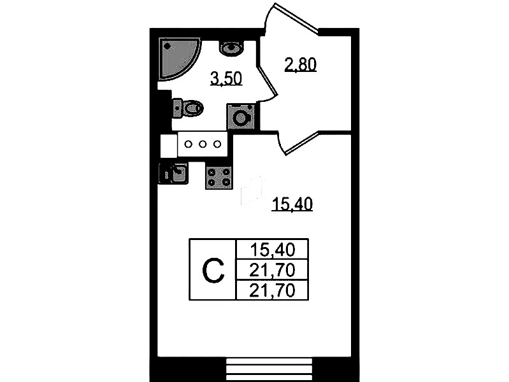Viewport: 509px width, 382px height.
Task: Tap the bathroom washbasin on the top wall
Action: pyautogui.click(x=231, y=48)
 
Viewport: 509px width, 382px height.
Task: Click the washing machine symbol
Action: pyautogui.click(x=241, y=117)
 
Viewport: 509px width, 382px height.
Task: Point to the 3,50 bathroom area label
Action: pyautogui.click(x=226, y=79)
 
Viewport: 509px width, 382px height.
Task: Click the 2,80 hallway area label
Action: pyautogui.click(x=300, y=64)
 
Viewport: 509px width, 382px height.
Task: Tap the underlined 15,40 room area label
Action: pyautogui.click(x=292, y=204)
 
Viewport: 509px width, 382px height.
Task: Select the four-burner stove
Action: pyautogui.click(x=219, y=177)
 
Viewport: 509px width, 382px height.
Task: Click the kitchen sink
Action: pyautogui.click(x=173, y=173)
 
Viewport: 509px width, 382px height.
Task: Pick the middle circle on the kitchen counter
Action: pyautogui.click(x=203, y=144)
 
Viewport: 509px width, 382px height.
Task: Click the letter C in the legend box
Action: pyautogui.click(x=213, y=271)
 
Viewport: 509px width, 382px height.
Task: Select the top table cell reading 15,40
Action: pyautogui.click(x=273, y=250)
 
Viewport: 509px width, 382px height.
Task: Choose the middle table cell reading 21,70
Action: pyautogui.click(x=273, y=269)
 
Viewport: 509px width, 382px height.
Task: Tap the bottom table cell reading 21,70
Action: pyautogui.click(x=273, y=290)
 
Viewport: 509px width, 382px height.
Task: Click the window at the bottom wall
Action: pyautogui.click(x=269, y=370)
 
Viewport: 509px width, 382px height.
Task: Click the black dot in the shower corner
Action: pyautogui.click(x=167, y=46)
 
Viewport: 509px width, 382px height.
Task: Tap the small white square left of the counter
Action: pyautogui.click(x=169, y=145)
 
